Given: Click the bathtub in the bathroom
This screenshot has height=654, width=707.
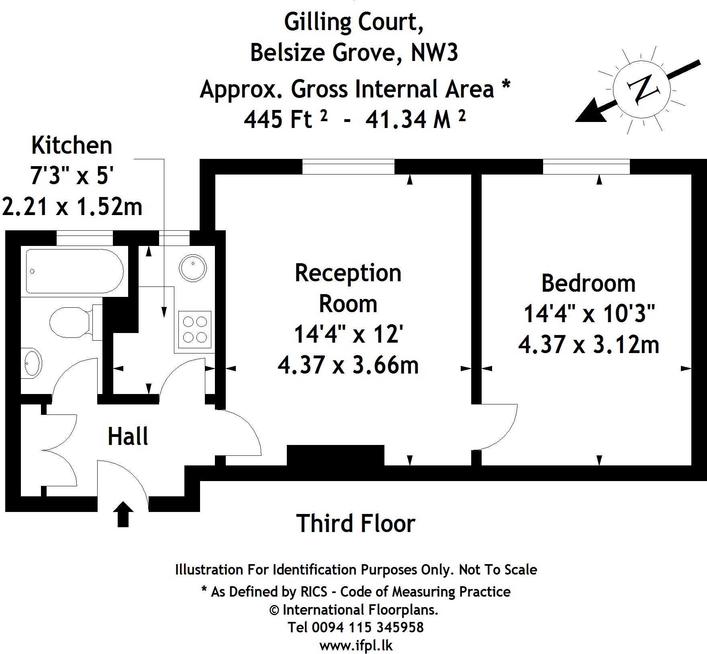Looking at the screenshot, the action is (x=74, y=271).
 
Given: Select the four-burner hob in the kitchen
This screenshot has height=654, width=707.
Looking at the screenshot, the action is (x=195, y=329).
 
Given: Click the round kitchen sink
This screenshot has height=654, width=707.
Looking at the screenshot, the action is (x=193, y=268).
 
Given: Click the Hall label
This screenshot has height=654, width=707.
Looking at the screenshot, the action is (x=128, y=436).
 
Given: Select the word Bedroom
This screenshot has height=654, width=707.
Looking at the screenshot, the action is (x=588, y=283).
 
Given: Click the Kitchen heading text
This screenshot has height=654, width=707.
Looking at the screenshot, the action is (x=72, y=145).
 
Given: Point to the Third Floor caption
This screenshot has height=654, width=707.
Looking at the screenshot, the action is (x=356, y=524).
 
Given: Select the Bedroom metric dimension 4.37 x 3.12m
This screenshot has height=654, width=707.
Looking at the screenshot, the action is (x=589, y=345).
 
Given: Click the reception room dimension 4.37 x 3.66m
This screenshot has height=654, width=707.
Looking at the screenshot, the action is (x=348, y=365).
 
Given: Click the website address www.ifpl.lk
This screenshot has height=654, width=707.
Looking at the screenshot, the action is (x=356, y=646).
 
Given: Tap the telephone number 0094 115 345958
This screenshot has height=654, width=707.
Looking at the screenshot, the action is (x=368, y=627).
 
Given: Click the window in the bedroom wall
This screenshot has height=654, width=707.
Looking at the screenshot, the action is (x=586, y=167).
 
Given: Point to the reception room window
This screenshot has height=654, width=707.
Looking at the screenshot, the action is (x=348, y=167).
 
